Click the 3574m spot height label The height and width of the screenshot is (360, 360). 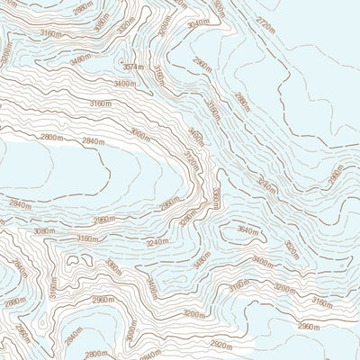133,67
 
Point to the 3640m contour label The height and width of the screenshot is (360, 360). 247,231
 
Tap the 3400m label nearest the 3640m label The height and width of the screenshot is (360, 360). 262,261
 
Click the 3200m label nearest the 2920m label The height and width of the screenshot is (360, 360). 193,314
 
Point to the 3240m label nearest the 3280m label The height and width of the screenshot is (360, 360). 157,242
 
